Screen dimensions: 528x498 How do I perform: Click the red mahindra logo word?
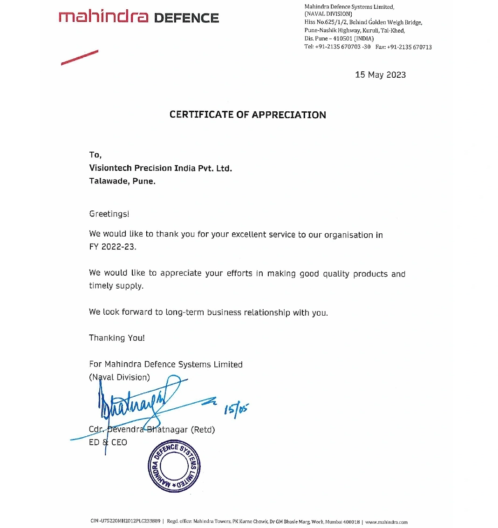tap(103, 17)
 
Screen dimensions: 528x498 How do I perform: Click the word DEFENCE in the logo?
tap(186, 19)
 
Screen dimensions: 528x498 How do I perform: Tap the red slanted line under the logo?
tap(80, 57)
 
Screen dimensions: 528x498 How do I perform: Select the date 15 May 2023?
tap(380, 75)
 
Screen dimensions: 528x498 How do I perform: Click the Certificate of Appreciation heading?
tap(247, 115)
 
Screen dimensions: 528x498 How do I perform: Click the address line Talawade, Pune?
tap(122, 181)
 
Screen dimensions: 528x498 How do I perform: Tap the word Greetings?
tap(109, 214)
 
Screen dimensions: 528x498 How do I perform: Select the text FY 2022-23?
tap(113, 247)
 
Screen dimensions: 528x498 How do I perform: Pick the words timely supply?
tap(116, 286)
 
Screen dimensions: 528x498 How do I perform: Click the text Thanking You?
tap(117, 338)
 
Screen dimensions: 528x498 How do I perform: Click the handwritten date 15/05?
tap(237, 410)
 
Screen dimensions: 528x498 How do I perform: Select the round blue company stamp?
tap(174, 466)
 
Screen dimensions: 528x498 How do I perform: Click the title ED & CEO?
tap(108, 442)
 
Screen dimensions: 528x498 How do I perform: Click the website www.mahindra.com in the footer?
tap(386, 522)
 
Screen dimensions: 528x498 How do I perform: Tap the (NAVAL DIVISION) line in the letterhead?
tap(328, 14)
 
